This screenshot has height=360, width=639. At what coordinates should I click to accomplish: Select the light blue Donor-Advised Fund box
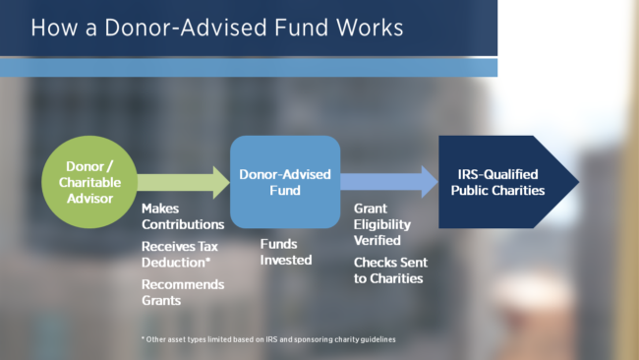pos(285,181)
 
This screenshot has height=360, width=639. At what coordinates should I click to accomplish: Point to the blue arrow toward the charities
pos(389,181)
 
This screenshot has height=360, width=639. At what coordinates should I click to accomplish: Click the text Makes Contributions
pos(183,216)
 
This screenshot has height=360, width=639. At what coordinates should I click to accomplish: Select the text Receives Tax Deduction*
pos(183,254)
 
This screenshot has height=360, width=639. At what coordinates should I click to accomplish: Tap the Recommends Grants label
pos(183,291)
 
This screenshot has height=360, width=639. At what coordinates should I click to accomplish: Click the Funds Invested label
pos(286,253)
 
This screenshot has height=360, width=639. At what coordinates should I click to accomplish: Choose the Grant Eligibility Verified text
pos(389,224)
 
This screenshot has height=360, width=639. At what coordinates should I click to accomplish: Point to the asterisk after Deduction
pos(210,261)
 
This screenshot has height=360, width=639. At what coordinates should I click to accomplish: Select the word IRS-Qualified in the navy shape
pos(497,174)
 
